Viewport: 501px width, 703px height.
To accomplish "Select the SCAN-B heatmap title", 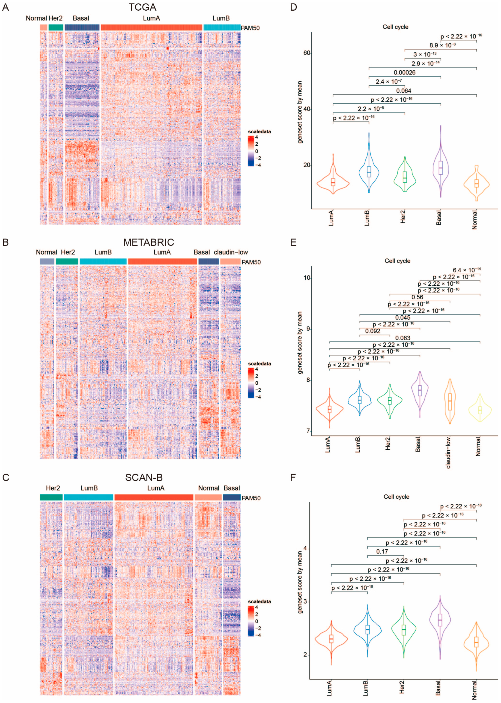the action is tap(144, 477).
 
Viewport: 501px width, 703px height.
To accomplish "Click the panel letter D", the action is tap(293, 7).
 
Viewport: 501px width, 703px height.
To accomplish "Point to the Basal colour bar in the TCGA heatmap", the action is tap(82, 27).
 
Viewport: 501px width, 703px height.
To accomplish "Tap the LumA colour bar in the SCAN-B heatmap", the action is tap(154, 497).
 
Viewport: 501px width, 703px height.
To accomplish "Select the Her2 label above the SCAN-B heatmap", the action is tap(53, 488).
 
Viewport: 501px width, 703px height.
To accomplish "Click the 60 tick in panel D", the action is tap(307, 53).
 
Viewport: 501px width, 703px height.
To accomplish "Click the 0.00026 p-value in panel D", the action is tap(404, 72).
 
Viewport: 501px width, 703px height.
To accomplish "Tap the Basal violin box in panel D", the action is tap(441, 168).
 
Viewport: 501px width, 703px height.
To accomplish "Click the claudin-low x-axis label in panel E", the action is tap(448, 452).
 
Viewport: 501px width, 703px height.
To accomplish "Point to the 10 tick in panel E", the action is tap(307, 278).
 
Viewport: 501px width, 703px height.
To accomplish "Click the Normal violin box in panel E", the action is tap(480, 410).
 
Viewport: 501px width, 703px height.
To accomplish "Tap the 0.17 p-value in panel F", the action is tap(382, 551).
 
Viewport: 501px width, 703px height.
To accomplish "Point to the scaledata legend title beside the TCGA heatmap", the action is tap(259, 132).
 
